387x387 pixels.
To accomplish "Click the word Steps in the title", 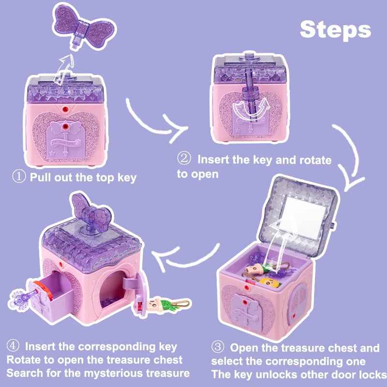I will [x=335, y=30].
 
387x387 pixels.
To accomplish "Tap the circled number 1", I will [x=19, y=177].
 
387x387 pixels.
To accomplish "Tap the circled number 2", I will [x=184, y=159].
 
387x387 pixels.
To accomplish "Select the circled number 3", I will [x=219, y=348].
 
